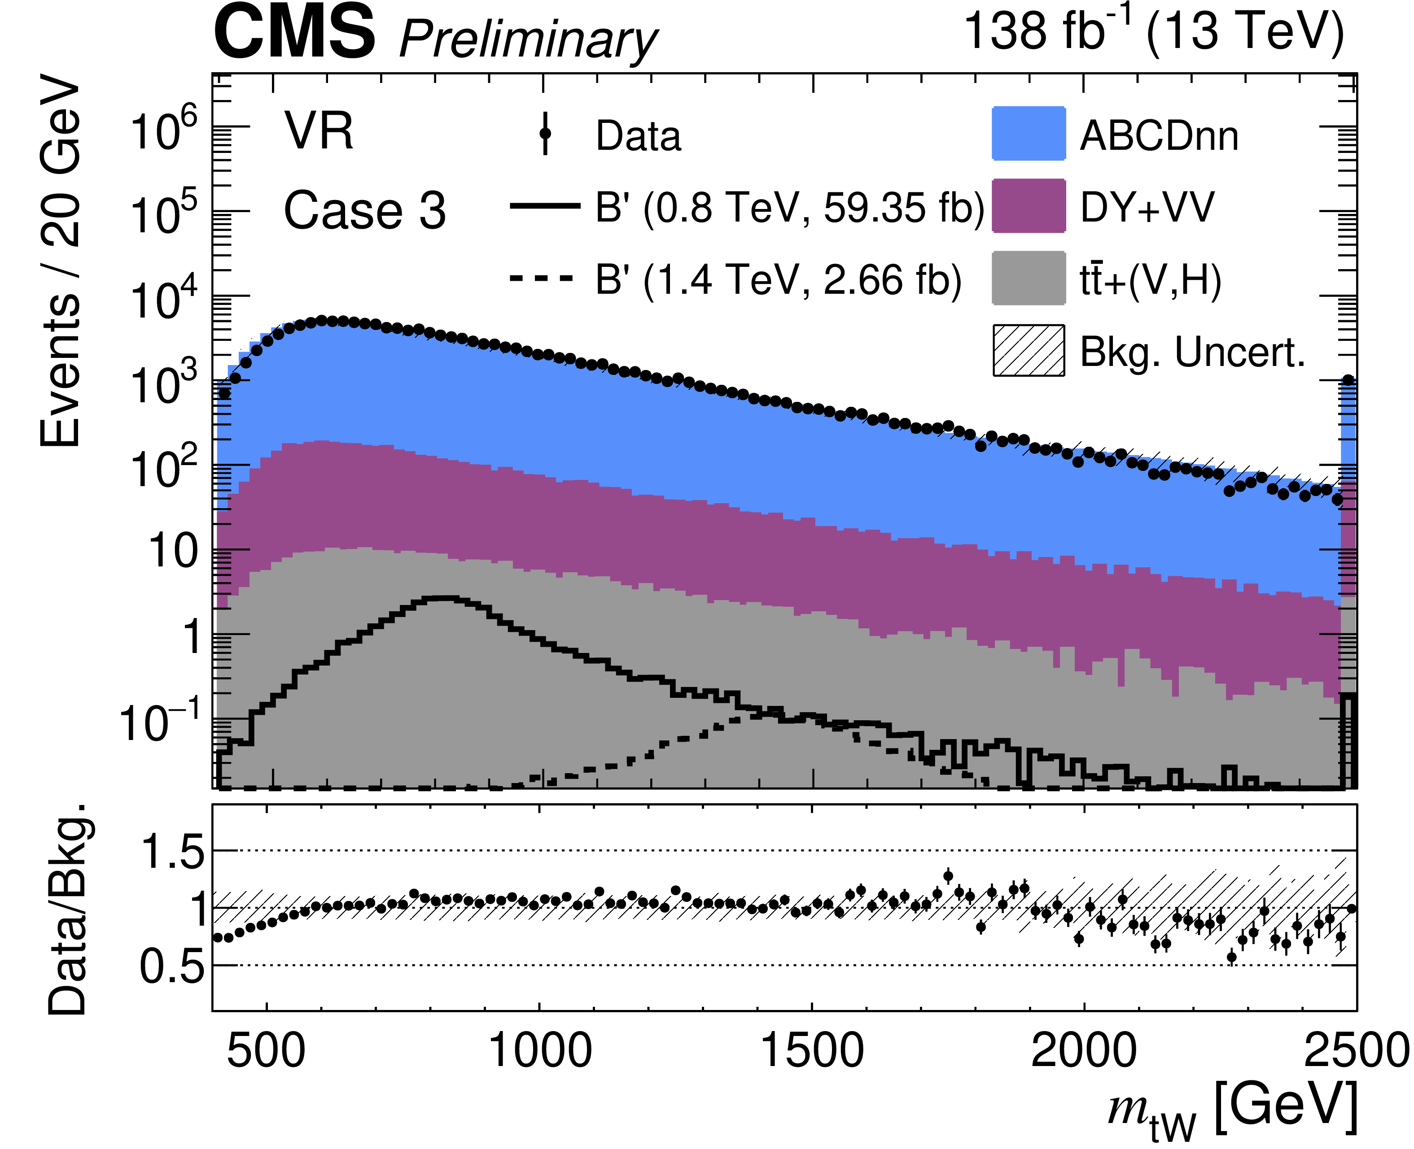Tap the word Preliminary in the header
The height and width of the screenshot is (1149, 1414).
pyautogui.click(x=528, y=40)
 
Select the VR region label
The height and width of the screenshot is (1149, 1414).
pyautogui.click(x=319, y=131)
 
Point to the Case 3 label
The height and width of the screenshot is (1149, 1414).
pyautogui.click(x=364, y=210)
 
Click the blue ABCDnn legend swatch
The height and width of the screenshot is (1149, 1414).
pyautogui.click(x=1029, y=133)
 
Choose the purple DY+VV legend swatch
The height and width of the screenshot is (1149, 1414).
pyautogui.click(x=1029, y=206)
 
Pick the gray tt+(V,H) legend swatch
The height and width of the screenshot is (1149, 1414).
pyautogui.click(x=1029, y=278)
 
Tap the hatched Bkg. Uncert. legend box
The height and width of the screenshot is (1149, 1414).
pyautogui.click(x=1029, y=350)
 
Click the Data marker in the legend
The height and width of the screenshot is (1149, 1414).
pyautogui.click(x=545, y=134)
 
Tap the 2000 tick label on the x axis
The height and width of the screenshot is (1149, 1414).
pyautogui.click(x=1084, y=1050)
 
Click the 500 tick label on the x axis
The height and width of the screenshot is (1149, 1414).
pyautogui.click(x=266, y=1050)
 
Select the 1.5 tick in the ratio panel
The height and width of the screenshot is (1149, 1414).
pyautogui.click(x=173, y=850)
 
